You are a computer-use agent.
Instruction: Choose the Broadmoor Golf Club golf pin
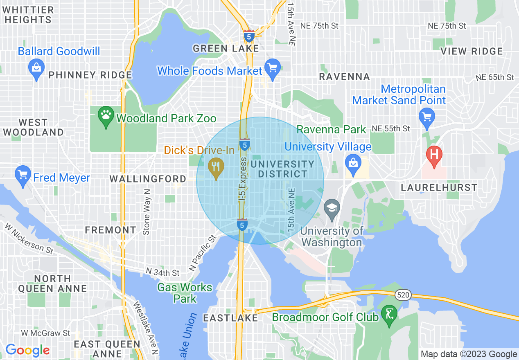[x=388, y=314]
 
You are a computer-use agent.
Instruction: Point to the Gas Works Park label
[x=185, y=293]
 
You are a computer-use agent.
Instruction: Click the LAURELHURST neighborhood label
[x=439, y=188]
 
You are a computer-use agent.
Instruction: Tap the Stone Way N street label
[x=147, y=212]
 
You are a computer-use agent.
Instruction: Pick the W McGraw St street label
[x=46, y=333]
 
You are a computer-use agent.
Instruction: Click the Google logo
[x=27, y=350]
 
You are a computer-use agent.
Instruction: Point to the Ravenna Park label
[x=331, y=130]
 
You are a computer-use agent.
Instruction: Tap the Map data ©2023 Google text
[x=469, y=354]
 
